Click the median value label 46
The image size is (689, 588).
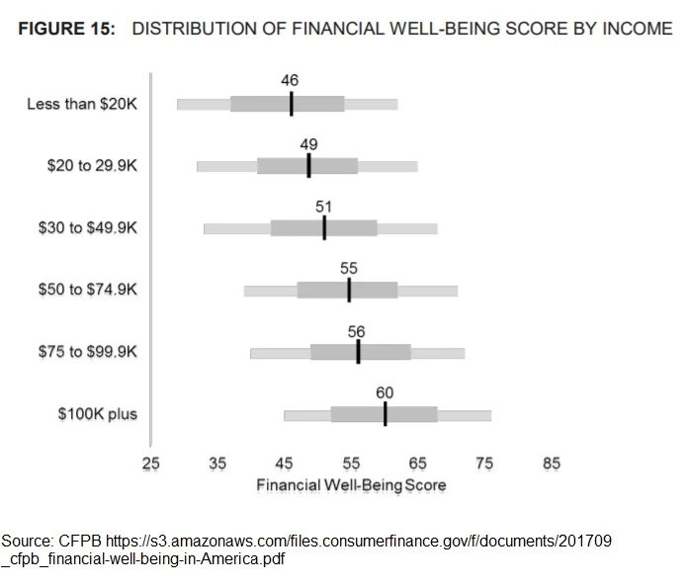[290, 81]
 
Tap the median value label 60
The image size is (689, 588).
[385, 392]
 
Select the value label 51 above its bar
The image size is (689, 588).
[323, 207]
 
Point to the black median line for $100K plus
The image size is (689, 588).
[385, 414]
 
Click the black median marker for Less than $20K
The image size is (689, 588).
[291, 104]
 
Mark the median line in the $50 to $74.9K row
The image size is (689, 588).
[349, 290]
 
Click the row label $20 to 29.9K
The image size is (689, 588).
[92, 166]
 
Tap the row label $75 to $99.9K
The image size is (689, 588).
[88, 352]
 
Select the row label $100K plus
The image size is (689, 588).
[97, 414]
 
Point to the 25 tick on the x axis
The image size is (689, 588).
[150, 463]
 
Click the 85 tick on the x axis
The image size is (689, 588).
[552, 463]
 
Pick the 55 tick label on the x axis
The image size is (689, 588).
[351, 463]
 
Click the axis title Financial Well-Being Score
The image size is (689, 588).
[351, 485]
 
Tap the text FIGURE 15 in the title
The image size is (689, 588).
[65, 28]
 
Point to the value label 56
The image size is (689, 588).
[357, 332]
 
